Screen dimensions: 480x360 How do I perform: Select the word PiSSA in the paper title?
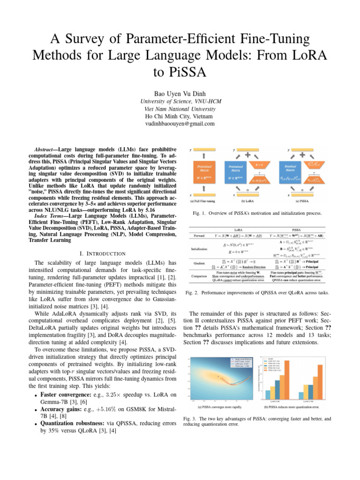(x=180, y=73)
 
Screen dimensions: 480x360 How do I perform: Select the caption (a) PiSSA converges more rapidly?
(x=218, y=407)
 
